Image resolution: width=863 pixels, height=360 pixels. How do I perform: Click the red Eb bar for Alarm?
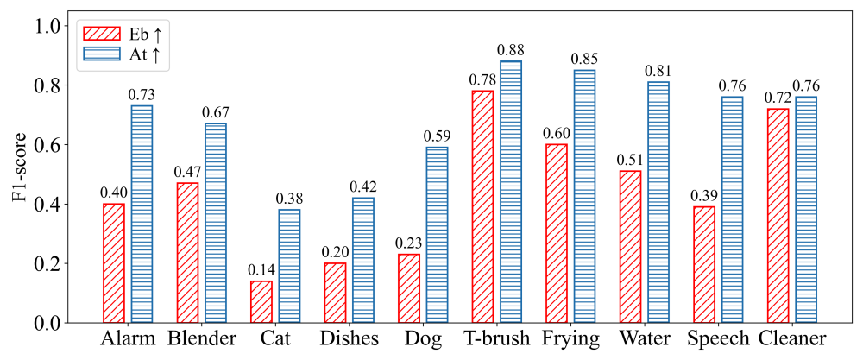(x=114, y=263)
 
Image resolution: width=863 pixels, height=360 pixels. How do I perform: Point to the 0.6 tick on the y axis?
(x=52, y=144)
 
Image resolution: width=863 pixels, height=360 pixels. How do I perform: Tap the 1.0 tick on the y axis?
(x=52, y=26)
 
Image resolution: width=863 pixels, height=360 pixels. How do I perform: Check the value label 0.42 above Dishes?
(x=362, y=187)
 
